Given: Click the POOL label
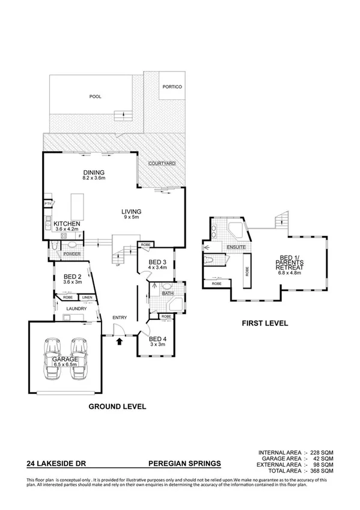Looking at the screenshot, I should coord(95,96).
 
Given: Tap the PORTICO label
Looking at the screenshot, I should coord(172,87).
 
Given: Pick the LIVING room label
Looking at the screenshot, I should coord(130,212).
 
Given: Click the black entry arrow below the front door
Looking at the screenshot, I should coord(119,342).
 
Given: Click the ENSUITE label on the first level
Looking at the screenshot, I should coord(233,248).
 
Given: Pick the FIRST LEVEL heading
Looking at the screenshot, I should coord(264,324).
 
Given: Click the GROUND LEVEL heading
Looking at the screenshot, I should coord(117,407).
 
